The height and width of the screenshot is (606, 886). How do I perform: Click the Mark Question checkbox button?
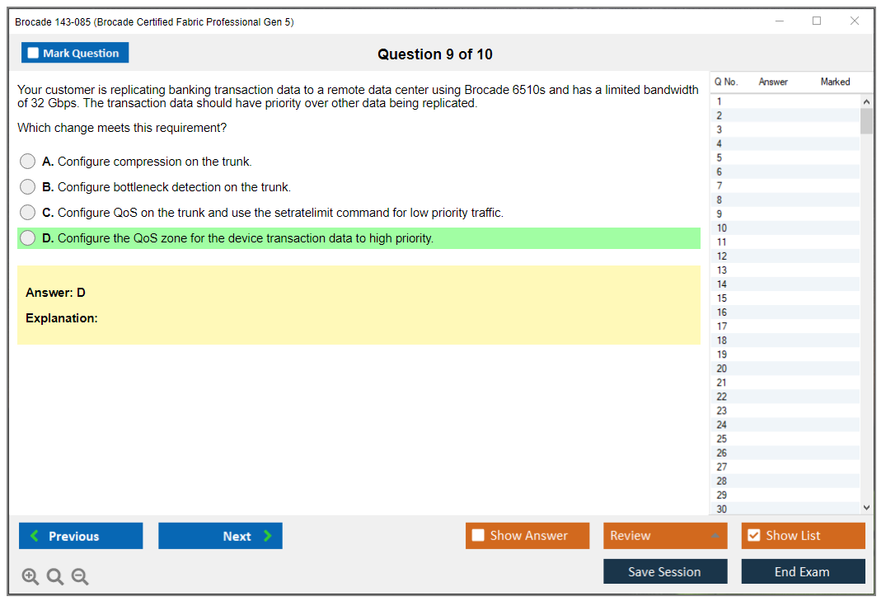(x=74, y=53)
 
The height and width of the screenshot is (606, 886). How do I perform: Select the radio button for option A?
(x=28, y=162)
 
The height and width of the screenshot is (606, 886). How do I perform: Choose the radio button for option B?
(x=28, y=187)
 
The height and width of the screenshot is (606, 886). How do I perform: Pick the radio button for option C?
(x=28, y=213)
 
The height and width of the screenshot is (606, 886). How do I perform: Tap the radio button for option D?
(x=28, y=238)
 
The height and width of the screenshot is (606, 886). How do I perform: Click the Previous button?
(x=81, y=536)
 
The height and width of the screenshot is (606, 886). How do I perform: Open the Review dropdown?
(x=665, y=536)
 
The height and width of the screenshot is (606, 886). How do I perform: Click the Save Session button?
(x=665, y=571)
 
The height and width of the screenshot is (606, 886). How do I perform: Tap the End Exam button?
(x=803, y=571)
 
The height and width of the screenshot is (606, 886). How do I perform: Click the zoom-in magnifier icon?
(x=30, y=576)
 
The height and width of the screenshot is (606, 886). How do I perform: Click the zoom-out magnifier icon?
(x=80, y=576)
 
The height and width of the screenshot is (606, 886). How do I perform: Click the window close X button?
(x=855, y=21)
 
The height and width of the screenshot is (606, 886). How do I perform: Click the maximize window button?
(x=817, y=21)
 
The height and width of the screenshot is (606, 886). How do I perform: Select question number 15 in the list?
(x=721, y=298)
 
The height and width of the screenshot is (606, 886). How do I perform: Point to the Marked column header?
(x=835, y=82)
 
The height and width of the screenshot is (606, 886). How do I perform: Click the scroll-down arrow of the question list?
(x=866, y=508)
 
